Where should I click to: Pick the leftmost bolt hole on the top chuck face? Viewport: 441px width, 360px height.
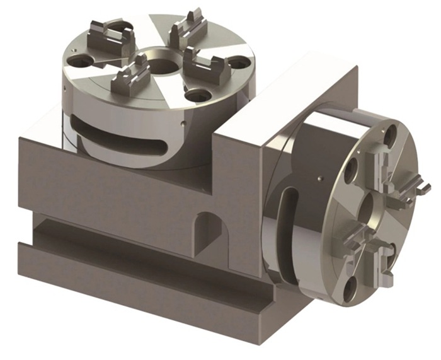(x=79, y=62)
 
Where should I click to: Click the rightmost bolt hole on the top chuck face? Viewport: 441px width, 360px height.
(x=239, y=64)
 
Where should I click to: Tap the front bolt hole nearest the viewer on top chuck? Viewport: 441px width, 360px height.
(x=197, y=95)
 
